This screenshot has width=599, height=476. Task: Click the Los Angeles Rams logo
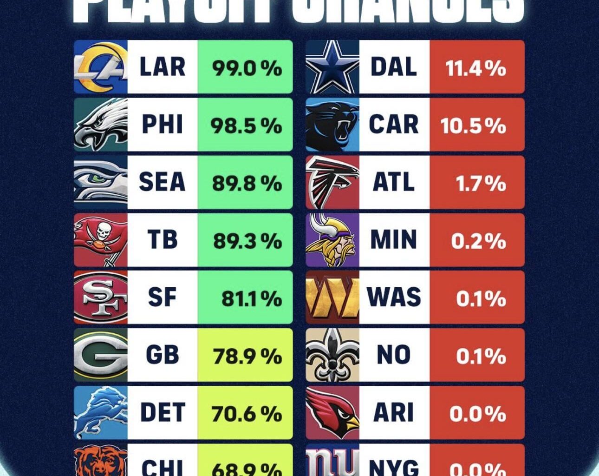point(101,67)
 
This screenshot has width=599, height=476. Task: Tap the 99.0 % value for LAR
point(246,68)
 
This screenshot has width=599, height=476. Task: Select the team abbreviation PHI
point(162,125)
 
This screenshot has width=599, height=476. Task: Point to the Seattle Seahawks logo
point(101,182)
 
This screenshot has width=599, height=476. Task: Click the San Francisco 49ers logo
point(101,297)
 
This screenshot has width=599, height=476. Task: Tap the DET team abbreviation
point(162,413)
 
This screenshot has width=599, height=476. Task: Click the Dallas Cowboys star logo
point(332,67)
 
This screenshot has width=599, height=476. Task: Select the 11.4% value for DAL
point(475,68)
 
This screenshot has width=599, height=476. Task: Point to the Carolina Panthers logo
point(332,125)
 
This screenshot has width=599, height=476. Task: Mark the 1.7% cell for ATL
point(480,183)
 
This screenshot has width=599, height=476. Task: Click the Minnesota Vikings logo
point(332,240)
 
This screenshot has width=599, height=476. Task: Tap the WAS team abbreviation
point(394,297)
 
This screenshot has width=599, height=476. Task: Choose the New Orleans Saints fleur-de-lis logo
point(332,355)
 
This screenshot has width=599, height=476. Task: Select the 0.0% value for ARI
point(477,414)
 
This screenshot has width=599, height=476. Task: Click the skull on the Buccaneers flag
point(104,231)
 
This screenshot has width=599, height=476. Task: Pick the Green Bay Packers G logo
point(101,355)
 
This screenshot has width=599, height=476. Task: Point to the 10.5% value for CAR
point(473,126)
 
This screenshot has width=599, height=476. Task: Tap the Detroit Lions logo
point(101,413)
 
